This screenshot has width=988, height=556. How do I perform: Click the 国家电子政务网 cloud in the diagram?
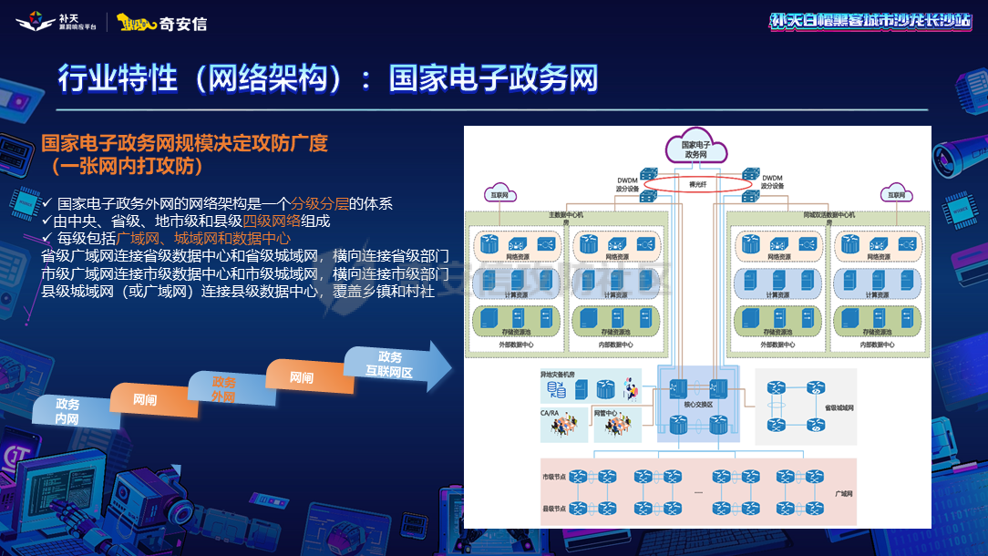coord(695,149)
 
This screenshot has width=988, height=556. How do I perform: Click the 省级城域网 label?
coord(839,408)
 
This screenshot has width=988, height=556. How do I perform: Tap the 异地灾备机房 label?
coord(559,375)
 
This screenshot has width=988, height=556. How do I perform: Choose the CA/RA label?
coord(551,413)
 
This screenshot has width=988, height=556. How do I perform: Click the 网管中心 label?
coord(607,413)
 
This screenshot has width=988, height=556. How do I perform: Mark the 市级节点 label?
coord(554,477)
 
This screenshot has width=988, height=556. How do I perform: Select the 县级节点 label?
coord(554,508)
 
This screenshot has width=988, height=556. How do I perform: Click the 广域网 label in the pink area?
coord(843,493)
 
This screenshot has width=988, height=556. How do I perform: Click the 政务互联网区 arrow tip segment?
coord(392,366)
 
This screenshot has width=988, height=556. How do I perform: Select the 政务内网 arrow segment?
coord(67,412)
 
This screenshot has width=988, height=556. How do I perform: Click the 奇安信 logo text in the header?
coord(183,24)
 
